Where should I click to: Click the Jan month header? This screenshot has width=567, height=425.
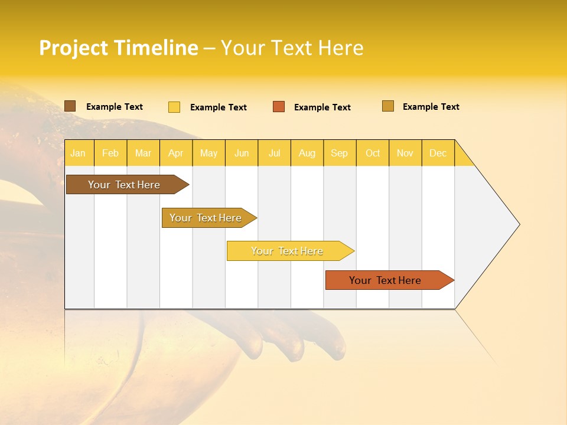tap(78, 153)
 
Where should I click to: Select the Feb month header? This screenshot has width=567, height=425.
tap(110, 153)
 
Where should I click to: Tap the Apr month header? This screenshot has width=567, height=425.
tap(176, 153)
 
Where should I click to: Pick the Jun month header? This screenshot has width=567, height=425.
tap(242, 153)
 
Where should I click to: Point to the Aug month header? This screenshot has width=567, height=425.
tap(307, 153)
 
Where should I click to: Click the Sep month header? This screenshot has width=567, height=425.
tap(340, 153)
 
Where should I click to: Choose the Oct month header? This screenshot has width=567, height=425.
tap(373, 153)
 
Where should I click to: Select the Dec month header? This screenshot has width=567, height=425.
tap(438, 153)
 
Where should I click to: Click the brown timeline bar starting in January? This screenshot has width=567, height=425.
tap(124, 185)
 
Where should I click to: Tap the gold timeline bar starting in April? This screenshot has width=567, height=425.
tap(206, 218)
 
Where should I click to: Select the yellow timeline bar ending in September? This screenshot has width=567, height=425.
tap(287, 251)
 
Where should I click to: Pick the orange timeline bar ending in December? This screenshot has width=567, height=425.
tap(385, 280)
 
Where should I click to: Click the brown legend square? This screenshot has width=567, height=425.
tap(70, 106)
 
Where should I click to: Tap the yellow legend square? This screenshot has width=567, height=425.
tap(174, 107)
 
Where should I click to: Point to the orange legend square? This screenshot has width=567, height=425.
tap(279, 107)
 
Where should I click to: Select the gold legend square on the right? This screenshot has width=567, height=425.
tap(388, 106)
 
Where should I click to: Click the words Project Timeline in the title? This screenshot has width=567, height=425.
tap(119, 48)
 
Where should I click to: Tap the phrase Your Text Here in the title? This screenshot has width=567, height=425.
tap(292, 48)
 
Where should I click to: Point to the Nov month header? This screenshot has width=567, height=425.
tap(405, 153)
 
